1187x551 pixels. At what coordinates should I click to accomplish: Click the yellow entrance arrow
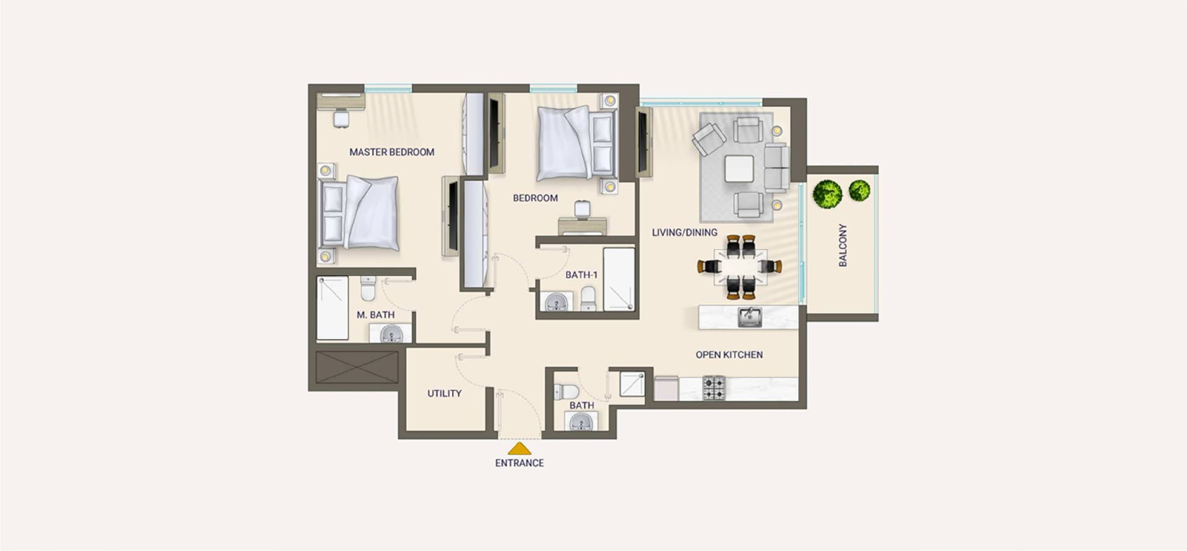coord(519,449)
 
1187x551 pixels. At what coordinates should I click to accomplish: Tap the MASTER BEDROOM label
coord(392,152)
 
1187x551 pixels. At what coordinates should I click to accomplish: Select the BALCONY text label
coord(843,245)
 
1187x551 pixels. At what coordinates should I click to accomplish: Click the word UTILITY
coord(445,393)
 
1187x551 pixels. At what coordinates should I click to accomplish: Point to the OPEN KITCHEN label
coord(730,355)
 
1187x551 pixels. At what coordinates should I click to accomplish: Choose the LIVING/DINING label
coord(684,232)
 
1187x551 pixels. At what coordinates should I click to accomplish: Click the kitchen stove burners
coord(714,388)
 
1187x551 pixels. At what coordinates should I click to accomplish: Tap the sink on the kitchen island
coord(750,318)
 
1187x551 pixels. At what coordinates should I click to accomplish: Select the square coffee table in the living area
coord(739,169)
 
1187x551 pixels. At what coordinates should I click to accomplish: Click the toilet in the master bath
coord(368,288)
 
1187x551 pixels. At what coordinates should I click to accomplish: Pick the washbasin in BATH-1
coord(556,303)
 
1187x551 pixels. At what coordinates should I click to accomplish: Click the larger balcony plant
coord(827,194)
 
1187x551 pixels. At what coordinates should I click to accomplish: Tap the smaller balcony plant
coord(859,190)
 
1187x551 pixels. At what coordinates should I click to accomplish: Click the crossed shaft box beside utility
coord(357,367)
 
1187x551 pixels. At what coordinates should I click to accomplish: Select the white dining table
coord(741,266)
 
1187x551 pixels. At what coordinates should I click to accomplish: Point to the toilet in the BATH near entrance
coord(565,392)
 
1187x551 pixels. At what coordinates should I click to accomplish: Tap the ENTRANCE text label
coord(519,463)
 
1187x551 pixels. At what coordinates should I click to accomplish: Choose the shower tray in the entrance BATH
coord(632,384)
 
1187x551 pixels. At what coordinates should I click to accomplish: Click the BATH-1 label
coord(582,275)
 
